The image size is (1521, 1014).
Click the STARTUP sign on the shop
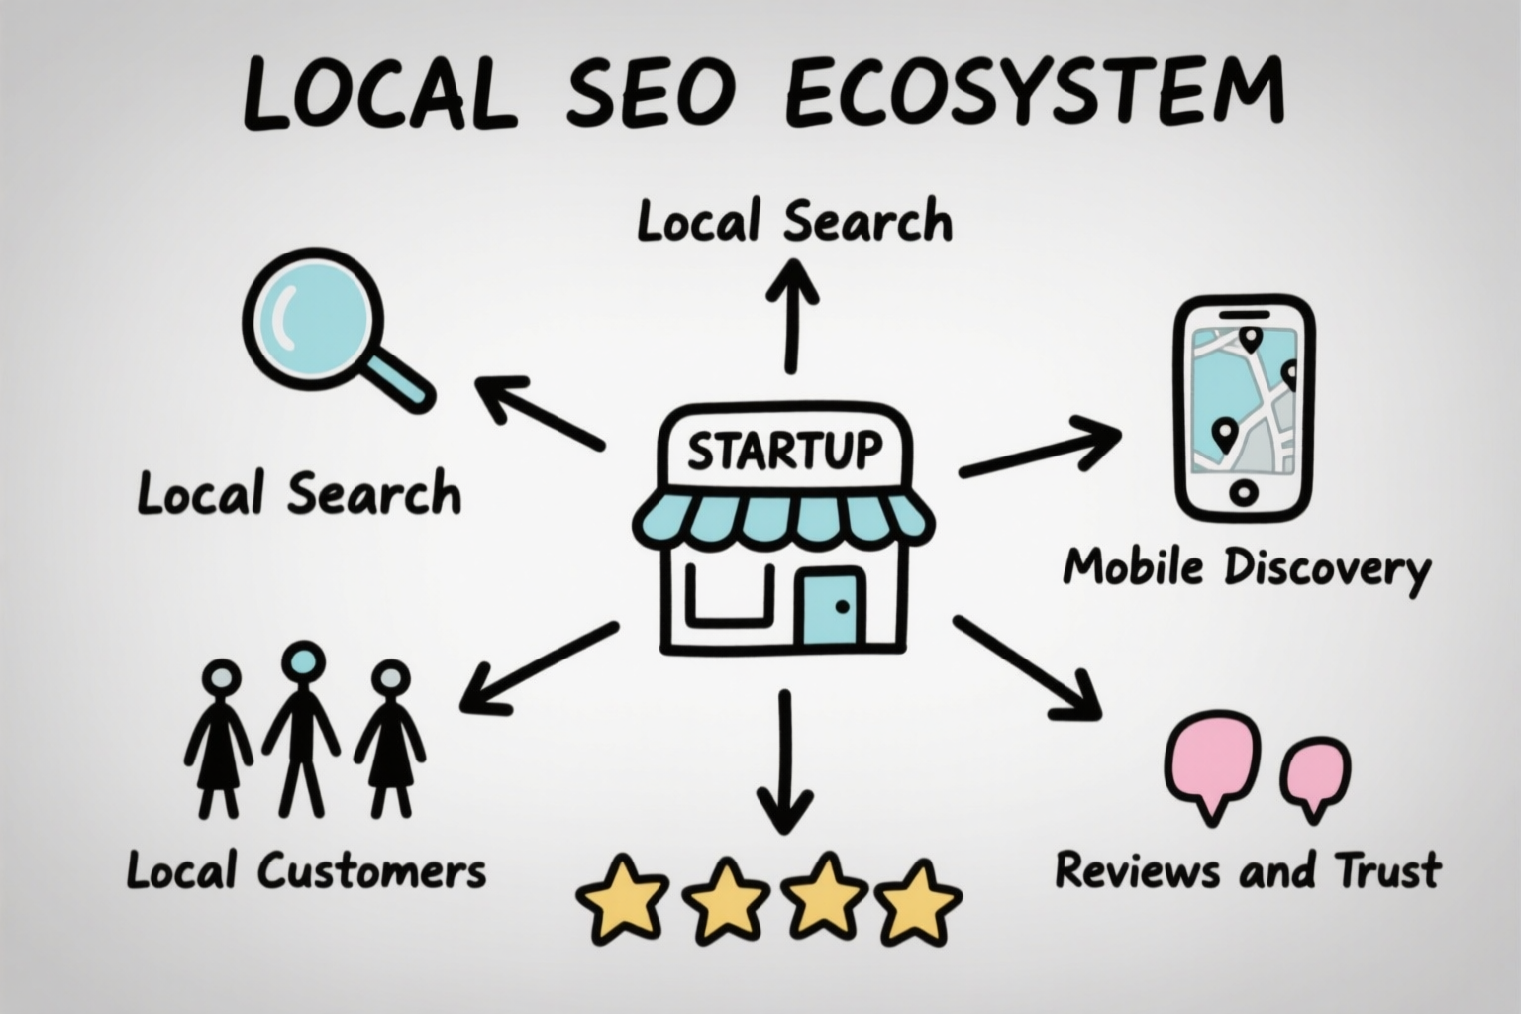(784, 451)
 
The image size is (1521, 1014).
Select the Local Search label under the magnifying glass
(299, 494)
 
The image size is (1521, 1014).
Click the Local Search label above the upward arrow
(794, 221)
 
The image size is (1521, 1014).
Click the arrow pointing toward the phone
(1040, 451)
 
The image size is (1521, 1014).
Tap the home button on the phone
(1244, 491)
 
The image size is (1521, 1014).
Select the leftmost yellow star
(622, 898)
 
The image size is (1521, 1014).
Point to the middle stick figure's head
(302, 661)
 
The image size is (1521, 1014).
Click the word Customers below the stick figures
(371, 872)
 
